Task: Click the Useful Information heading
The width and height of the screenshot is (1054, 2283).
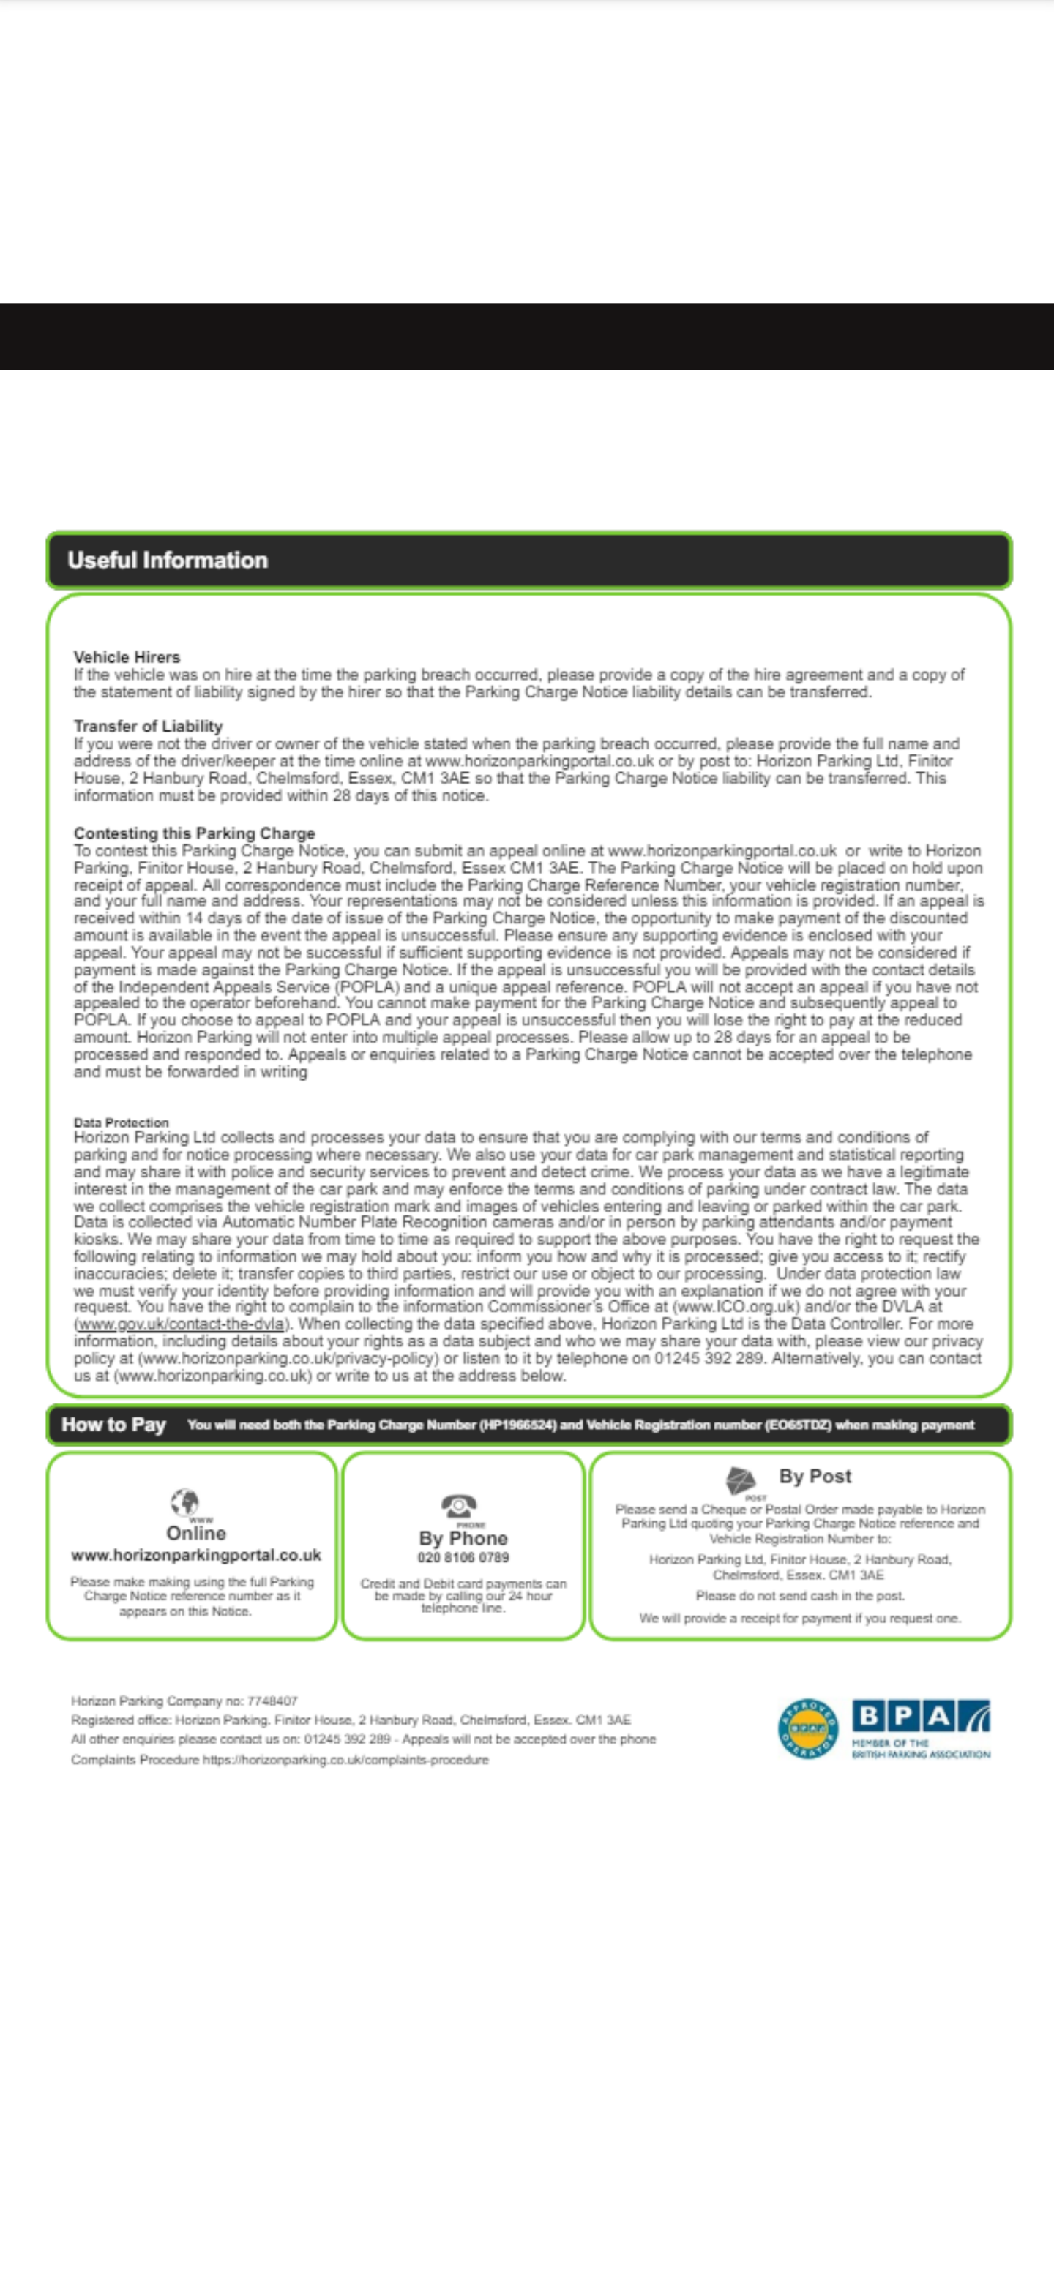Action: point(168,560)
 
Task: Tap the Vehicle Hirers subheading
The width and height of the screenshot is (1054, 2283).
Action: point(127,656)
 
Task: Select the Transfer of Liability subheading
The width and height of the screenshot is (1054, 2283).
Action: point(148,726)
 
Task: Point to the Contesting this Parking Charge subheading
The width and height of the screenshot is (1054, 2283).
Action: point(194,833)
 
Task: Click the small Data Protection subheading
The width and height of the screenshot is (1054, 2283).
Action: point(121,1122)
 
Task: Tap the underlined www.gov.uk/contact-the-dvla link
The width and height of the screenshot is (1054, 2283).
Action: point(181,1324)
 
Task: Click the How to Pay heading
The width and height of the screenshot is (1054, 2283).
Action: point(113,1424)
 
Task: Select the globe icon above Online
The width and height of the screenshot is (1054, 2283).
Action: point(185,1502)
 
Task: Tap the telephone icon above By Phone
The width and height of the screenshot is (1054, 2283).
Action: point(459,1504)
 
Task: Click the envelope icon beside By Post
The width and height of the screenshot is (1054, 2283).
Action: point(741,1478)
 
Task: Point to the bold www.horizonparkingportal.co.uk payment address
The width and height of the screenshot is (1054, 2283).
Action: point(196,1556)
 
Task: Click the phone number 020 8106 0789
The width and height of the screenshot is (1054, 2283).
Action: point(463,1557)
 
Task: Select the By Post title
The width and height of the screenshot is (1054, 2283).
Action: point(815,1477)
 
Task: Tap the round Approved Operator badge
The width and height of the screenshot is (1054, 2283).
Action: point(807,1728)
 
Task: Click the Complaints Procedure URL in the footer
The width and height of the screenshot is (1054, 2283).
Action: point(345,1759)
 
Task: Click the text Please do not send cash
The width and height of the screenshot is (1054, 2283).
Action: point(799,1596)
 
